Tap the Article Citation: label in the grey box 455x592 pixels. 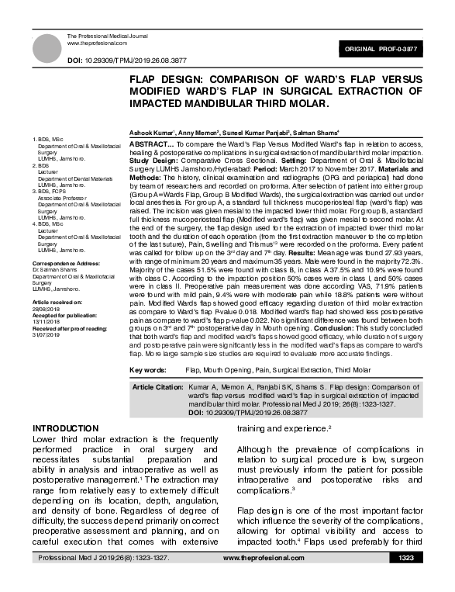pyautogui.click(x=157, y=386)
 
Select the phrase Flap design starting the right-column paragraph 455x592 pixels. pyautogui.click(x=260, y=510)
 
